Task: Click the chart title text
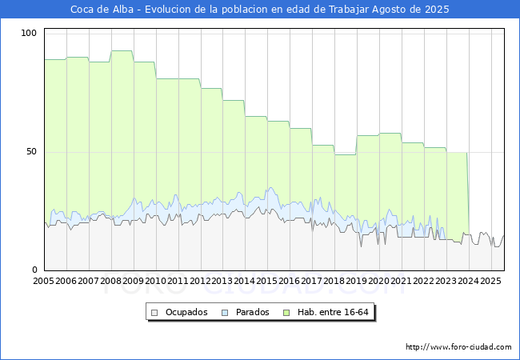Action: pyautogui.click(x=260, y=10)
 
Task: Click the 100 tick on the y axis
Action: pyautogui.click(x=30, y=33)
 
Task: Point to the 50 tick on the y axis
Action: pyautogui.click(x=32, y=151)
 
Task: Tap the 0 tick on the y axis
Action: pyautogui.click(x=34, y=270)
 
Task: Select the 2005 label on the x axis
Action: pyautogui.click(x=44, y=282)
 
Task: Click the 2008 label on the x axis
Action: pyautogui.click(x=111, y=282)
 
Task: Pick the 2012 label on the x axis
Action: pyautogui.click(x=200, y=282)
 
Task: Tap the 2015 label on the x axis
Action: pyautogui.click(x=267, y=282)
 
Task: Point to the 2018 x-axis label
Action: pyautogui.click(x=334, y=282)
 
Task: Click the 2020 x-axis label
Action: pyautogui.click(x=379, y=282)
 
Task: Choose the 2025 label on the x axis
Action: pyautogui.click(x=490, y=282)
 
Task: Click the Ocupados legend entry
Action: pyautogui.click(x=186, y=312)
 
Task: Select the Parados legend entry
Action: pyautogui.click(x=253, y=312)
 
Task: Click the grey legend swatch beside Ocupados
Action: pyautogui.click(x=155, y=312)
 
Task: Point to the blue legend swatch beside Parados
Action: pyautogui.click(x=226, y=312)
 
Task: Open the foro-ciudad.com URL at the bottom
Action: pyautogui.click(x=458, y=347)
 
